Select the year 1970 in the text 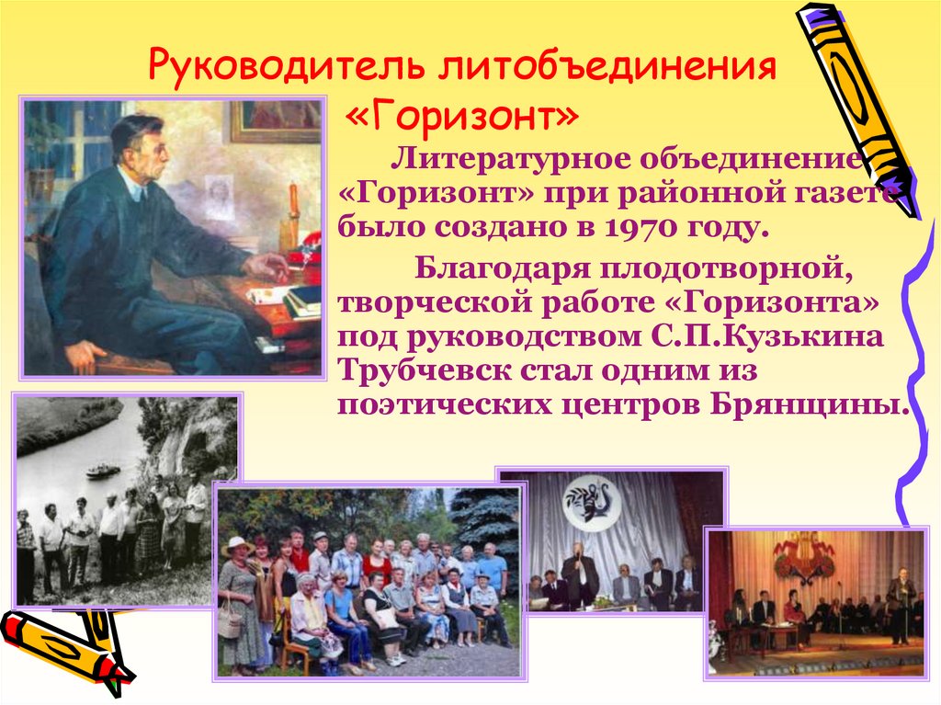677,226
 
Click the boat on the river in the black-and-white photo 103,471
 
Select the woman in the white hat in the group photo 238,548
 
